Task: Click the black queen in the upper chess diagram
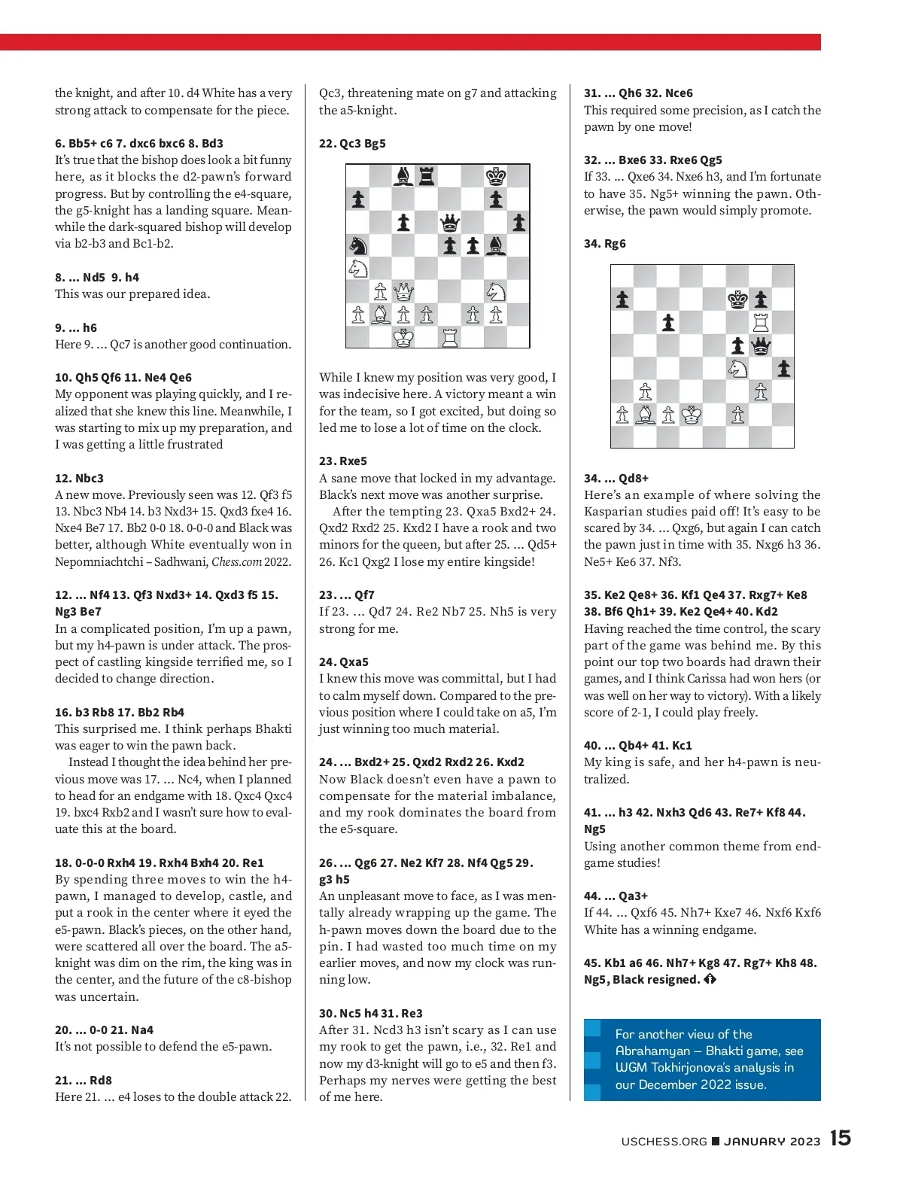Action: click(450, 223)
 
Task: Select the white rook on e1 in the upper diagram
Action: click(450, 338)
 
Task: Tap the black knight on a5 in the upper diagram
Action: click(358, 245)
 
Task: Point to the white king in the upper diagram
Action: click(404, 338)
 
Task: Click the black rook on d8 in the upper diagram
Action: click(427, 177)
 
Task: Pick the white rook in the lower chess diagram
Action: click(760, 322)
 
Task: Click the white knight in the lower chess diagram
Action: click(737, 368)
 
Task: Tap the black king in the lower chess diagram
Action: click(737, 300)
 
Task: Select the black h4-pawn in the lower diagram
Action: click(783, 368)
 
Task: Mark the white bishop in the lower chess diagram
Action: click(645, 415)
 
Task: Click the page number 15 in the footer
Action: click(841, 1138)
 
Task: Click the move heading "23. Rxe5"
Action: click(343, 461)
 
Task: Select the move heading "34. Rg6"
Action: click(605, 244)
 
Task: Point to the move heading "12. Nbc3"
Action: click(79, 478)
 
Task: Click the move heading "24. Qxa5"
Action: click(344, 662)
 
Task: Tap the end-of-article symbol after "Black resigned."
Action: click(710, 980)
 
